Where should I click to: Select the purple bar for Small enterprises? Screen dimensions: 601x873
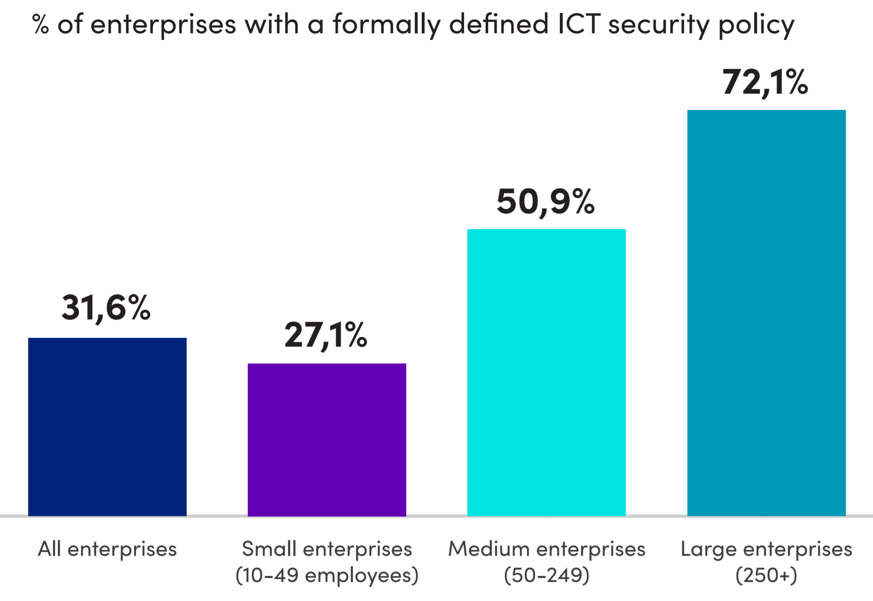327,439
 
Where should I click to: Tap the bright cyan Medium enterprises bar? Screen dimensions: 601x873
546,372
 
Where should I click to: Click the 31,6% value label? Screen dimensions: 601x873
106,308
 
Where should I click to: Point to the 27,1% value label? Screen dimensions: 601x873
325,335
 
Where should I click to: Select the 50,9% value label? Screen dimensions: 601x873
545,202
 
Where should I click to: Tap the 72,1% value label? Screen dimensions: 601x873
765,82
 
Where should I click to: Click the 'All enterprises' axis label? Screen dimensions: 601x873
107,549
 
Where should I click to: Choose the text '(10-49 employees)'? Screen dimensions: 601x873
327,575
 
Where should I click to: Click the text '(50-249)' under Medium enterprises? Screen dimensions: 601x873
546,575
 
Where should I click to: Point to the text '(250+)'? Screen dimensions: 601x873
766,575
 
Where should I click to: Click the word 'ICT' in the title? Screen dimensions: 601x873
578,24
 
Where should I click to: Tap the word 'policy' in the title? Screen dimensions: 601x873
756,25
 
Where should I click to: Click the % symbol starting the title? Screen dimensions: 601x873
40,24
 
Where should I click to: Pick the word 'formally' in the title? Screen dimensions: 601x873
387,24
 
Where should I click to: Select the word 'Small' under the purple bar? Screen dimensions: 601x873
269,549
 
